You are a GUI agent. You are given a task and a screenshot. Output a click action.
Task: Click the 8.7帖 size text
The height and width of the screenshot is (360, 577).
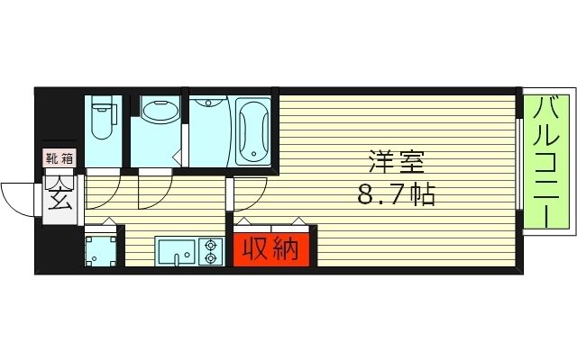(396, 194)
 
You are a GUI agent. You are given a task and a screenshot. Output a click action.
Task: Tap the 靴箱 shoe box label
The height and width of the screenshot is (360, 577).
(60, 158)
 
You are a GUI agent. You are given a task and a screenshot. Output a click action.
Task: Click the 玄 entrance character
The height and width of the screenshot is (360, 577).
(60, 194)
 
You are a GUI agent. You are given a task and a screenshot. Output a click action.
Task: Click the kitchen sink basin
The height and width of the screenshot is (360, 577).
(175, 250)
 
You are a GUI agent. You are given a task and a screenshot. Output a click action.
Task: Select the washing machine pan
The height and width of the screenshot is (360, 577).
(101, 250)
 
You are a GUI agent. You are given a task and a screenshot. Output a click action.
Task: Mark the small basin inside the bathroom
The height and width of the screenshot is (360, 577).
(207, 103)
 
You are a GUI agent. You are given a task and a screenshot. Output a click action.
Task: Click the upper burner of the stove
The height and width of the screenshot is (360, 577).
(211, 243)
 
